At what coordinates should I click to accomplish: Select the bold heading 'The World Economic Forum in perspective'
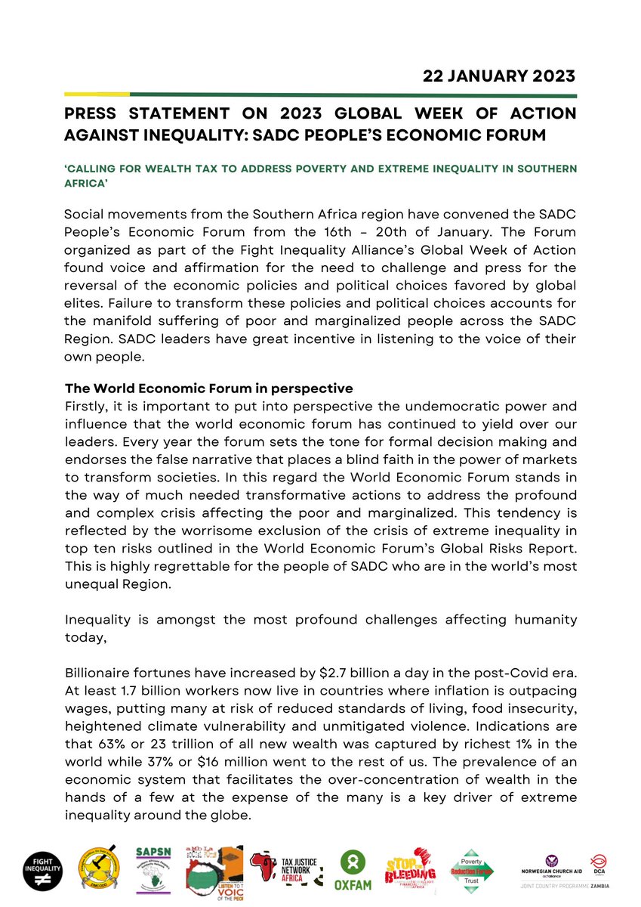tap(208, 388)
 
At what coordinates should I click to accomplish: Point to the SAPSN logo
tap(155, 867)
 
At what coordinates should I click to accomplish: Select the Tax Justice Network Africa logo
tap(289, 868)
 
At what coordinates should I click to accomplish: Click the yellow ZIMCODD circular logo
tap(100, 868)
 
